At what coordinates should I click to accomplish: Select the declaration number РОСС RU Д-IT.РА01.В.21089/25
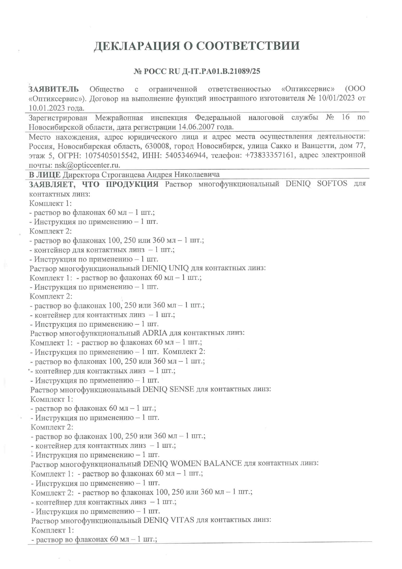point(201,71)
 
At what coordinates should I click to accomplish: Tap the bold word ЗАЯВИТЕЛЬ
point(54,89)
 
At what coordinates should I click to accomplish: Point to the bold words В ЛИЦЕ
point(45,175)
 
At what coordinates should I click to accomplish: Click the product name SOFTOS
point(332,184)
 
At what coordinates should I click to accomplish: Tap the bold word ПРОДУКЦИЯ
point(132,184)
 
